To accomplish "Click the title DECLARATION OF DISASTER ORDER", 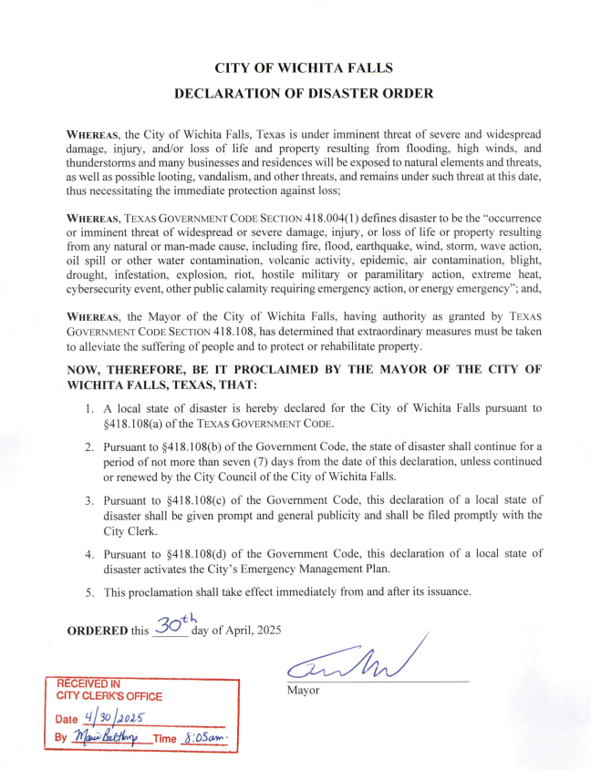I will [x=304, y=93].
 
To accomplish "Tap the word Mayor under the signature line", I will [x=304, y=690].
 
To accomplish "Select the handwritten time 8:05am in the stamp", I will [x=205, y=736].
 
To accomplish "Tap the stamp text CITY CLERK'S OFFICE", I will [x=109, y=696].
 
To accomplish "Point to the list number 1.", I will [x=89, y=409].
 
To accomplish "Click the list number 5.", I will [x=89, y=592].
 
